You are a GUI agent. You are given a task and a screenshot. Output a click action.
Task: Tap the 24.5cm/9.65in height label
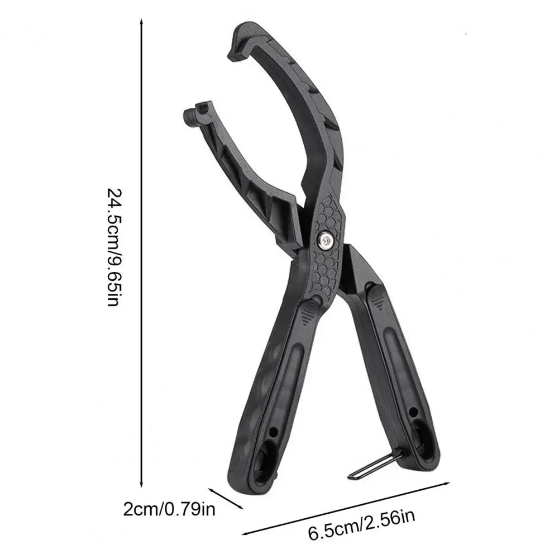pyautogui.click(x=115, y=247)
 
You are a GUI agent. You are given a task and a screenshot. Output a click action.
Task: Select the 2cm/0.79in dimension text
pyautogui.click(x=169, y=509)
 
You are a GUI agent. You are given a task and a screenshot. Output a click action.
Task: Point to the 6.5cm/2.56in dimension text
pyautogui.click(x=361, y=525)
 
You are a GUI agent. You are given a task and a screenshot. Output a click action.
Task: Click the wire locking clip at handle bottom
pyautogui.click(x=376, y=464)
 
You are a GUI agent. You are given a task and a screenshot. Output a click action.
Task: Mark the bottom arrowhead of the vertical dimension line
pyautogui.click(x=141, y=484)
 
